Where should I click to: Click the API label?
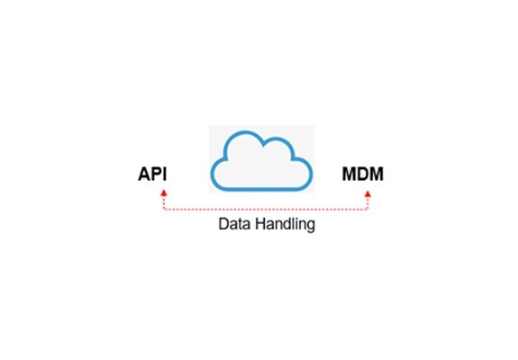152,174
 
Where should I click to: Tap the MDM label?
363,174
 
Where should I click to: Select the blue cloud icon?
261,161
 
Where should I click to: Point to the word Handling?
286,225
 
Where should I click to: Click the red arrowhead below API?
164,193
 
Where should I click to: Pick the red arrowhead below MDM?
368,194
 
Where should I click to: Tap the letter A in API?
144,174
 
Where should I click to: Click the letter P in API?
157,174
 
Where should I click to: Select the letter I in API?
165,174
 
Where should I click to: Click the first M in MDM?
350,174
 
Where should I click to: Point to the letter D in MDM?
363,174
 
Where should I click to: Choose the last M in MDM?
377,174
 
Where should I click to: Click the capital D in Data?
223,224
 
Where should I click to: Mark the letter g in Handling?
311,227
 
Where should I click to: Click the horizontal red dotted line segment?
266,209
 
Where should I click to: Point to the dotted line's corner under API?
164,209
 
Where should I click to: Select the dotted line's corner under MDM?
368,209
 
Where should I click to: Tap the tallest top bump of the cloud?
245,132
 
